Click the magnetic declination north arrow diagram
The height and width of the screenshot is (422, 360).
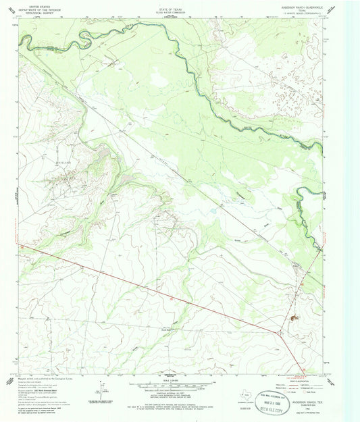point(103,390)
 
